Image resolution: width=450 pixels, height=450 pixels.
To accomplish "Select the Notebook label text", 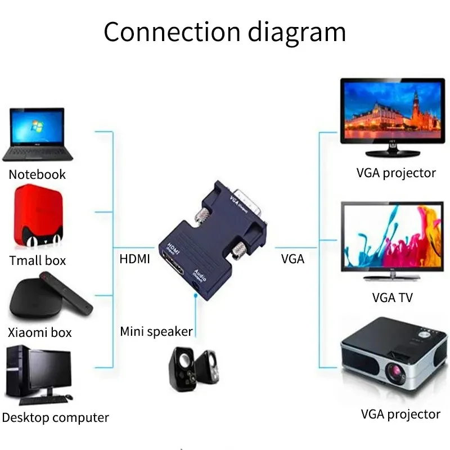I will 37,174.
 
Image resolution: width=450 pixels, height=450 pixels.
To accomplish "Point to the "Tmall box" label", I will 38,260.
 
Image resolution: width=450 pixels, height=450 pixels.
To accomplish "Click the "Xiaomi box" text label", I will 40,332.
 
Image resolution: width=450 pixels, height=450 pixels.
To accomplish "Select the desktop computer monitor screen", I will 49,372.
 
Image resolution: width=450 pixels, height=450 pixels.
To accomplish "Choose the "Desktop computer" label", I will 55,418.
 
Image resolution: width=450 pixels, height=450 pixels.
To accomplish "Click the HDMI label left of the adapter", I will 134,259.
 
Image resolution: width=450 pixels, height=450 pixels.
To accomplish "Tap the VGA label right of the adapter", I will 292,259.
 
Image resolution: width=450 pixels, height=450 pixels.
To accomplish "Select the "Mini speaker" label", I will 156,331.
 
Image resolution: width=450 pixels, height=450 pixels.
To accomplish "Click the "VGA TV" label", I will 392,298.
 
